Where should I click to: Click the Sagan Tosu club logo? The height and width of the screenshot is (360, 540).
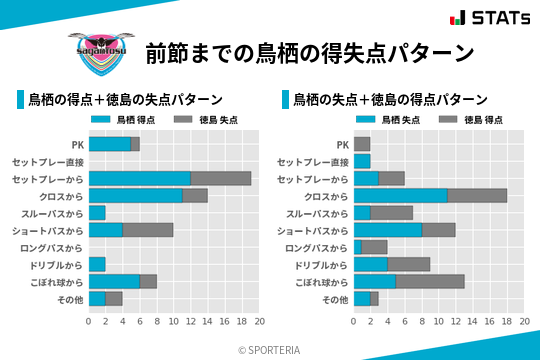coord(97,50)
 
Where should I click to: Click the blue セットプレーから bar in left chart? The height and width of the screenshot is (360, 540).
coord(140,178)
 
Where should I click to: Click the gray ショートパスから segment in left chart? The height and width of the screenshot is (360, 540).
coord(148,230)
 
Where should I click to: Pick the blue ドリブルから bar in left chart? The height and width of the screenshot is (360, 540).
coord(97,264)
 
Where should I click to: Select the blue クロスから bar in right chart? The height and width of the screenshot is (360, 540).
coord(401,196)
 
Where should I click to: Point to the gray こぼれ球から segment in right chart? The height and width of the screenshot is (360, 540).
coord(430,281)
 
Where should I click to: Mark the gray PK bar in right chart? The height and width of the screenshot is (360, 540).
coord(362,144)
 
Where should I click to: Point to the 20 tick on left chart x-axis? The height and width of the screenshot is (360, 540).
coord(259,322)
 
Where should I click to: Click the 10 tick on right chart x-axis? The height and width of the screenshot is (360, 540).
coord(439,322)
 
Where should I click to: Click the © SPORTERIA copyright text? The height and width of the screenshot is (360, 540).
coord(270,349)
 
